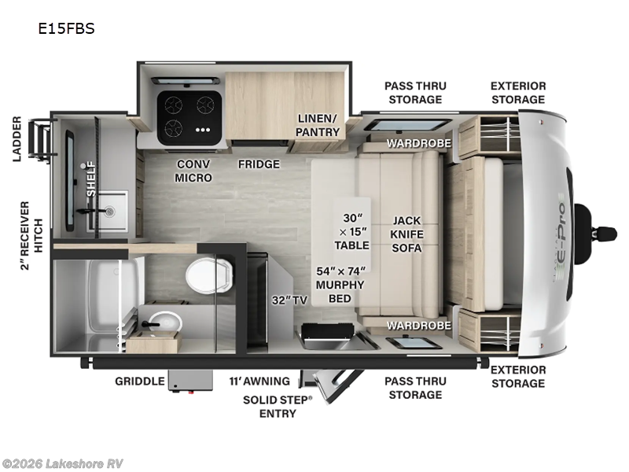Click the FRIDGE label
click(259, 164)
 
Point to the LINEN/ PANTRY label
click(318, 125)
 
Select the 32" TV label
click(289, 300)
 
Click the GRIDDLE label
click(139, 382)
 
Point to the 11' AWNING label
click(259, 382)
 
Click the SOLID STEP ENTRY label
click(277, 407)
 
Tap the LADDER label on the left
click(17, 139)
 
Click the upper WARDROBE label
click(418, 143)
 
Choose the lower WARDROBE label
click(418, 325)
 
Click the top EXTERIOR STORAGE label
click(517, 92)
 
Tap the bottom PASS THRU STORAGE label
click(414, 388)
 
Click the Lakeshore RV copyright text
click(63, 463)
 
